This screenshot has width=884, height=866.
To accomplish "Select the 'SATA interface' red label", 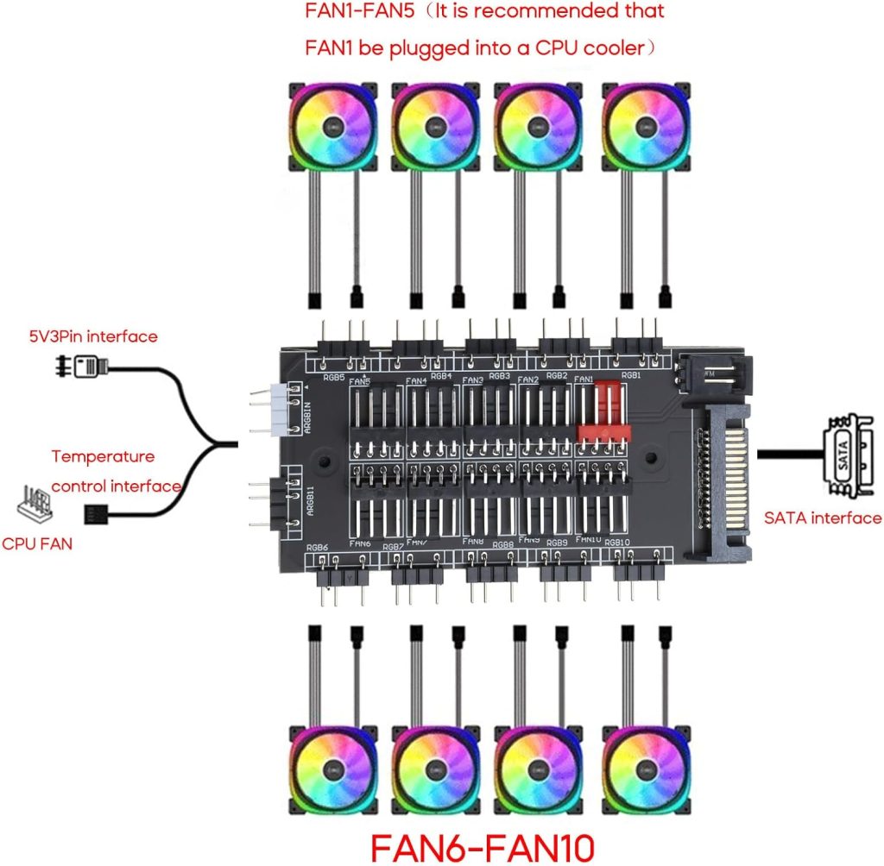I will coord(823,518).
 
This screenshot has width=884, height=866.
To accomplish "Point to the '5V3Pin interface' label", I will coord(104,336).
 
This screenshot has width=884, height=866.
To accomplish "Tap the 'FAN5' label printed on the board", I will coord(361,382).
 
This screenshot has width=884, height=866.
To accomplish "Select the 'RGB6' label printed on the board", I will coord(318,548).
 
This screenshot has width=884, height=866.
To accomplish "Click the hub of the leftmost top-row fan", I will coord(331,124).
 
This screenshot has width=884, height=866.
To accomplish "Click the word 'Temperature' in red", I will coord(103,456).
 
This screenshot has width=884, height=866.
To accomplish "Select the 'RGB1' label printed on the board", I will coord(630,376).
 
